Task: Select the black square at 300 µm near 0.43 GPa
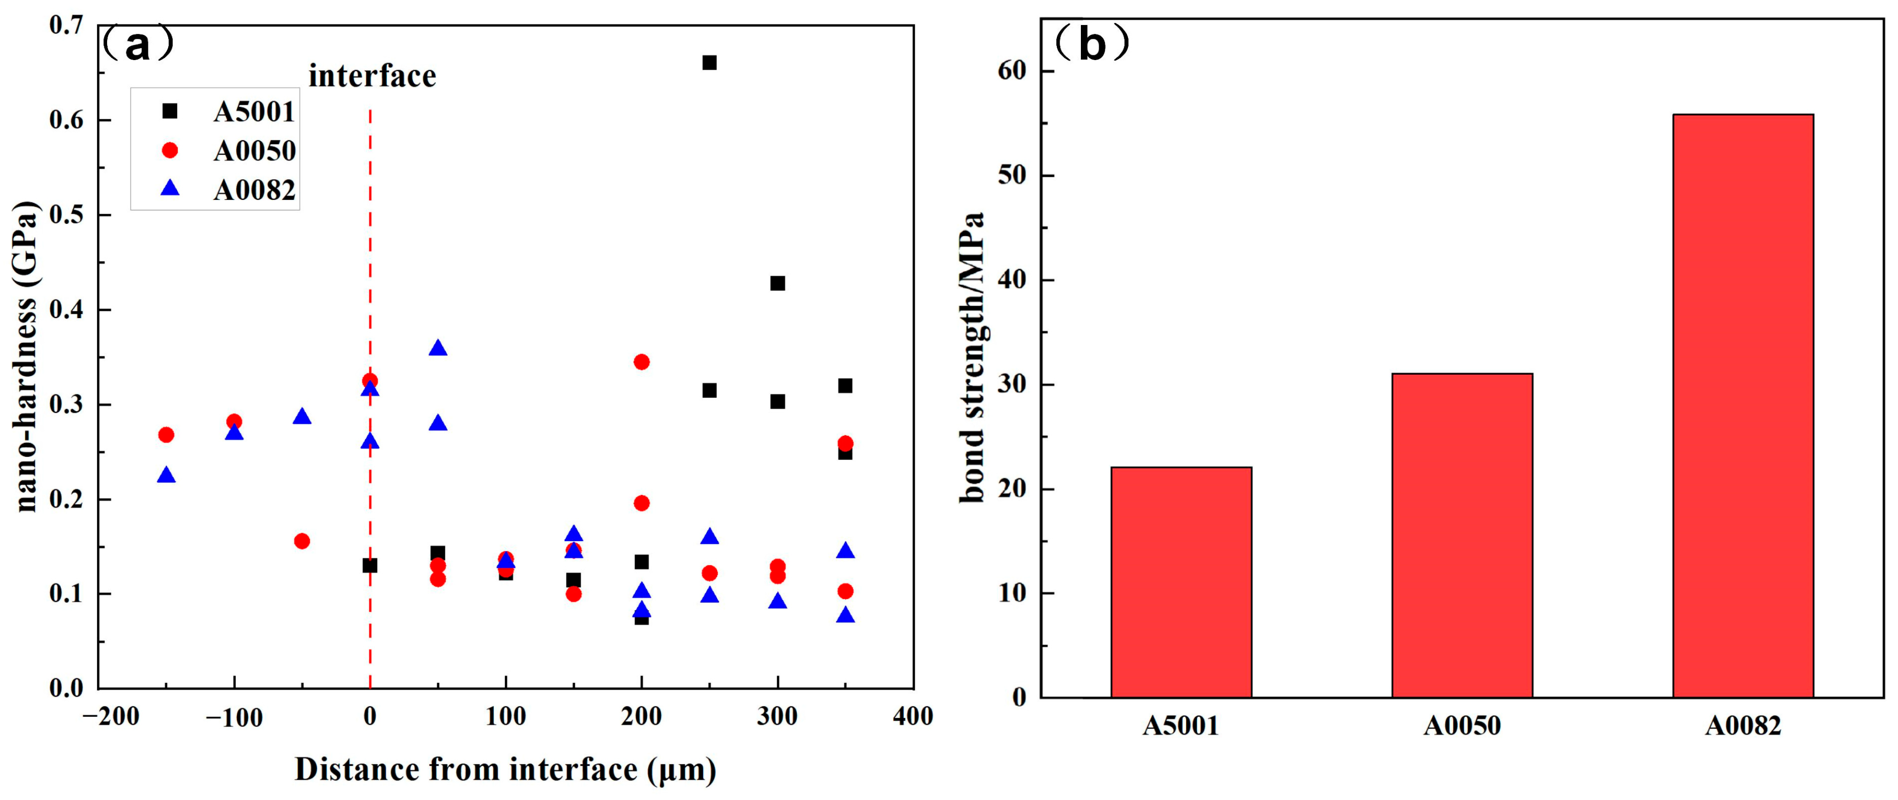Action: (777, 283)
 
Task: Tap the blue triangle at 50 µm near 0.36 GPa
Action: (439, 348)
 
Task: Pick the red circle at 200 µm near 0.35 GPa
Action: (642, 362)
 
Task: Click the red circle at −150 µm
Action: (167, 435)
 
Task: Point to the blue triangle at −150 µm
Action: (167, 475)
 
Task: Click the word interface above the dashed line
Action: (372, 76)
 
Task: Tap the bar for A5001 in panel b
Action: (1181, 582)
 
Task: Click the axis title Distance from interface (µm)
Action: (505, 770)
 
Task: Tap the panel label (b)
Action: (1091, 44)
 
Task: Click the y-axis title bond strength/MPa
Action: (973, 357)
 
